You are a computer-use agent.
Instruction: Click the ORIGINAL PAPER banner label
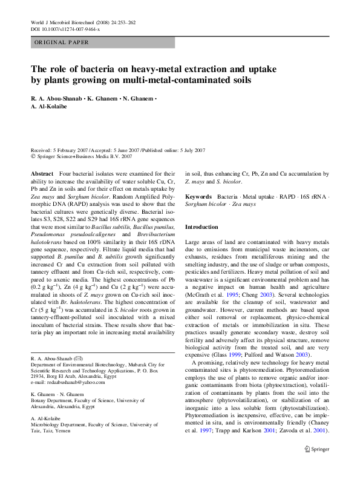click(62, 43)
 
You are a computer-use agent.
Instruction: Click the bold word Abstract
click(42, 174)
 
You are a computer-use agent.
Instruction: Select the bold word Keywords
click(198, 197)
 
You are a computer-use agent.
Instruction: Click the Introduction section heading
click(201, 227)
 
